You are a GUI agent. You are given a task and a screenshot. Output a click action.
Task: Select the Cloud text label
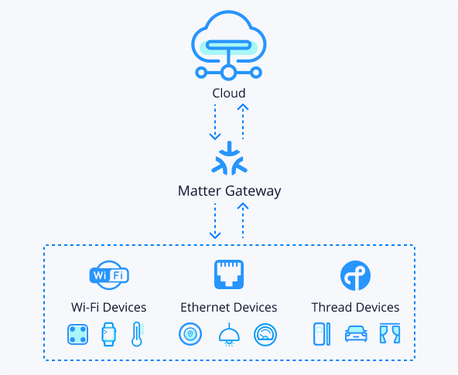tap(229, 94)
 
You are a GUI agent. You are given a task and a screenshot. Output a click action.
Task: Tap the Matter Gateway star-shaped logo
tap(229, 158)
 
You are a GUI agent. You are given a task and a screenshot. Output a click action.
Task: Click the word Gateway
tap(253, 192)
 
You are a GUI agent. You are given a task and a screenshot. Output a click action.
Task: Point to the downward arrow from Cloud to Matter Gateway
tap(215, 122)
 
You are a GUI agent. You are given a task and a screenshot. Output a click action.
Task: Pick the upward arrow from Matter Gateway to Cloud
tap(243, 121)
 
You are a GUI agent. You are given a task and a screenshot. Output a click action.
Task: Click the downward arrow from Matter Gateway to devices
tap(215, 221)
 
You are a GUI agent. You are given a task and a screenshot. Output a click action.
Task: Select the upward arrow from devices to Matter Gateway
tap(243, 220)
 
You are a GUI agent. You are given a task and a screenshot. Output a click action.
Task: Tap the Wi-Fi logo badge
tap(109, 275)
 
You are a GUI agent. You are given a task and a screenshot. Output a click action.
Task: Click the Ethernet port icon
tap(229, 274)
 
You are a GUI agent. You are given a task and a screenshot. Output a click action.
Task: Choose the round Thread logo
tap(355, 275)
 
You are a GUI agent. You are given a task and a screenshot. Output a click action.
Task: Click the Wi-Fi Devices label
tap(108, 307)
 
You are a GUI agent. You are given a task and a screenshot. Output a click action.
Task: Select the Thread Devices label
tap(355, 307)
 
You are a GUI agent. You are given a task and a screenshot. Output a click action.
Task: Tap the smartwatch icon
tap(108, 334)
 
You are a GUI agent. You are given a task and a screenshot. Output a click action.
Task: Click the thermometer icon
tap(136, 334)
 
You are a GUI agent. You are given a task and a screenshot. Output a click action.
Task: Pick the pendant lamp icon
tap(229, 335)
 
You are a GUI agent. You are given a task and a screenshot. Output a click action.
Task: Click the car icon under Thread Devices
tap(356, 334)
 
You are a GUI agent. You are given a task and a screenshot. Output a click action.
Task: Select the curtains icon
tap(390, 333)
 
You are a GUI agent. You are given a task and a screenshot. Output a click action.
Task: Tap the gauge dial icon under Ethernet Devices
tap(265, 335)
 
